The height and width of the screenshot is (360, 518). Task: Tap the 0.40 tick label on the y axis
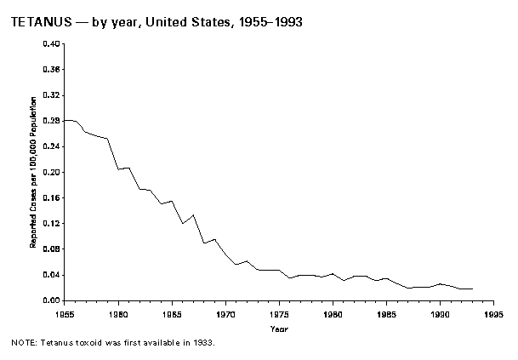[x=52, y=43]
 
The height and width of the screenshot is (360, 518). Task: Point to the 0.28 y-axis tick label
[x=52, y=121]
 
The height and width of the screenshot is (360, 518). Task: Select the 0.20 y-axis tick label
[x=52, y=172]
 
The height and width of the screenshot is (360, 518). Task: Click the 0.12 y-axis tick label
[x=52, y=223]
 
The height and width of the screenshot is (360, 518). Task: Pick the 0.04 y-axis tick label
[x=52, y=275]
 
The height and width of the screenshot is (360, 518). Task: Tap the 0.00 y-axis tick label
[x=52, y=300]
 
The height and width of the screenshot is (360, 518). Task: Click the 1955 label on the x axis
[x=65, y=314]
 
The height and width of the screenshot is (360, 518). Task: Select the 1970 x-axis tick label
[x=225, y=314]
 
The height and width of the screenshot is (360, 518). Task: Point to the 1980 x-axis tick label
[x=333, y=314]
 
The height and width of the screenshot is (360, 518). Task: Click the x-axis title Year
[x=279, y=328]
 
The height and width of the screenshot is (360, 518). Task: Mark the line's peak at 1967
[x=193, y=215]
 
